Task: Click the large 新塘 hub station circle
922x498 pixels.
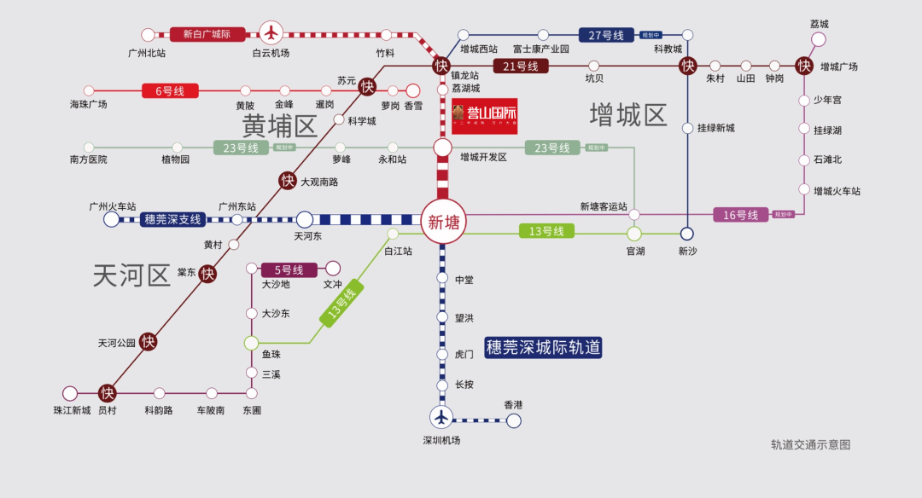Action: [x=443, y=222]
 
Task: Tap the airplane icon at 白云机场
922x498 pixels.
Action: [x=271, y=32]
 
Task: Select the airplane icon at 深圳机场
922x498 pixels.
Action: [x=441, y=417]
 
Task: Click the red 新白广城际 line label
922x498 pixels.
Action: [x=207, y=34]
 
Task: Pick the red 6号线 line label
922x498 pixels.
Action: [x=169, y=90]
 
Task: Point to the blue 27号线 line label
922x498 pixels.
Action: [x=606, y=35]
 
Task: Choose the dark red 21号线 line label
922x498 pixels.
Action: [x=520, y=66]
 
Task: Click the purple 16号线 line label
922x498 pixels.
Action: [x=740, y=215]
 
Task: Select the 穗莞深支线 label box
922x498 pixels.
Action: [x=172, y=219]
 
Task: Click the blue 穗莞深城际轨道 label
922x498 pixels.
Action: [x=543, y=347]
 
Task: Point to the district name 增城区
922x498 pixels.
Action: [x=628, y=115]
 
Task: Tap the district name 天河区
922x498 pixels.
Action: [x=131, y=275]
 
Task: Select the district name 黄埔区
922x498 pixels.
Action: [x=279, y=126]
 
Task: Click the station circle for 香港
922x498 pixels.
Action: [x=513, y=420]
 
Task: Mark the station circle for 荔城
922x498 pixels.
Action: [x=818, y=39]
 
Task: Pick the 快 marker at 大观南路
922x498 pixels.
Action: [x=288, y=181]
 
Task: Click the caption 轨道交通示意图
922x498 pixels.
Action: [x=810, y=444]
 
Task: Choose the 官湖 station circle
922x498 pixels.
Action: [x=634, y=234]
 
